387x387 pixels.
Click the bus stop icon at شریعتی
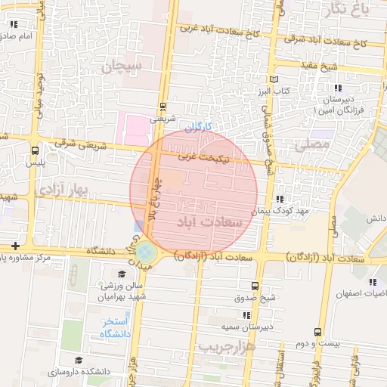click(163, 107)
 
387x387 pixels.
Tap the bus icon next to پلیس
click(36, 149)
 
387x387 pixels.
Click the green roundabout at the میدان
click(147, 251)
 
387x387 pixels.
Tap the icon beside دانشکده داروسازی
click(79, 361)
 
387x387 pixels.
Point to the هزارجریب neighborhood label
click(228, 345)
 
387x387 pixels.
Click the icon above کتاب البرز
click(274, 79)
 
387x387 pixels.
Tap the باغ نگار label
click(352, 8)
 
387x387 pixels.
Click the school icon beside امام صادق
click(13, 24)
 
